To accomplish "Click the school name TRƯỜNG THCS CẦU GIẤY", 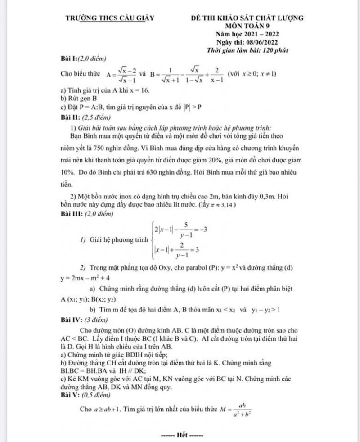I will click(x=110, y=18).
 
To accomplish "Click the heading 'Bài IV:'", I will click(x=72, y=320).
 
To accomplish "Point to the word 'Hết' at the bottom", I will click(x=182, y=435).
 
